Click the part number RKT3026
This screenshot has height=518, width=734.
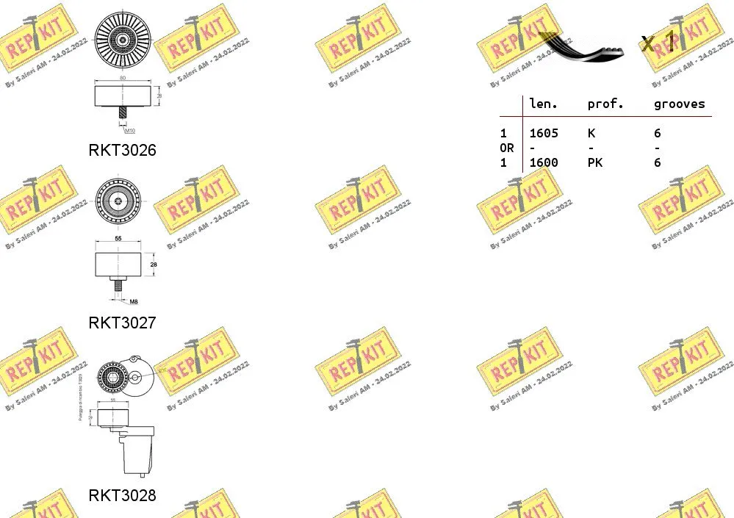[122, 151]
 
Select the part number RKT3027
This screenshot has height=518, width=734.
[122, 323]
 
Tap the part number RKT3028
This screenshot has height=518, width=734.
[122, 495]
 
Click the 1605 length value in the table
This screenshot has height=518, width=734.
[544, 133]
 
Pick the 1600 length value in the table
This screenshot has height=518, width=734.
[544, 162]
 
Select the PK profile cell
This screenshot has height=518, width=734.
[595, 162]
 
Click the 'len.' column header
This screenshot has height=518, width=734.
[544, 104]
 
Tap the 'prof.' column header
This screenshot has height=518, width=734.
[605, 104]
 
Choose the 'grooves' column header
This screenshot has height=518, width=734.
[679, 104]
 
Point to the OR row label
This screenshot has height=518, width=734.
[507, 148]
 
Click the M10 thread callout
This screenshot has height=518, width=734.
[129, 131]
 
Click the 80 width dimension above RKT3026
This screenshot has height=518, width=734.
[122, 77]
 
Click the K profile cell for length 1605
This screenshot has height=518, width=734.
[591, 133]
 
